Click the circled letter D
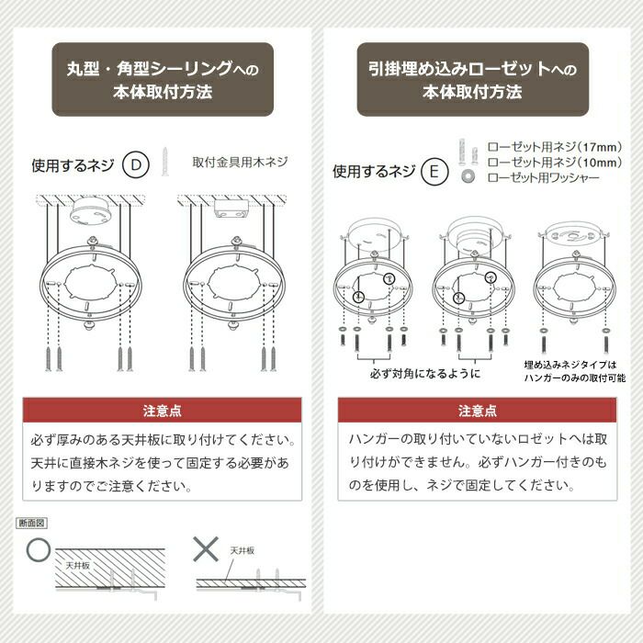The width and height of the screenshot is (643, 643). [136, 164]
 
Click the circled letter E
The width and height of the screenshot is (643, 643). [434, 171]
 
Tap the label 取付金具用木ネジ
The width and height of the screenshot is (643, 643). [241, 163]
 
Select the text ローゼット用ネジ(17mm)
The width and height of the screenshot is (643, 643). [555, 147]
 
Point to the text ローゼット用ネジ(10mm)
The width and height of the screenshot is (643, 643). [555, 163]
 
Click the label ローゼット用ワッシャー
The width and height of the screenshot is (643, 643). [544, 178]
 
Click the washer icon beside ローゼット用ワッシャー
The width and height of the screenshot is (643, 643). [467, 176]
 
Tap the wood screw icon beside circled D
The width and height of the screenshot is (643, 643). [164, 162]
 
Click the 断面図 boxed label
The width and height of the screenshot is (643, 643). [31, 523]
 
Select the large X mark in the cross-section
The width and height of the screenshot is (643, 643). [206, 549]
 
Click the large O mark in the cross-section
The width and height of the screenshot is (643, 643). [39, 550]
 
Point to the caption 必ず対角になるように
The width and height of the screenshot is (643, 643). [425, 374]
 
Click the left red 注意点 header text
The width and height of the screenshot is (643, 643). [163, 411]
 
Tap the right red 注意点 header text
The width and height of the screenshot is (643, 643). [478, 411]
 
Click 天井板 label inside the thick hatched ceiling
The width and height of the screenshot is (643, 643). [77, 566]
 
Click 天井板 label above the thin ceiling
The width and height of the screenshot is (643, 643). [242, 551]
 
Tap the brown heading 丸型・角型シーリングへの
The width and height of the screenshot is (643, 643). [163, 68]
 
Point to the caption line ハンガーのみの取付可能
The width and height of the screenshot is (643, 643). [575, 378]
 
